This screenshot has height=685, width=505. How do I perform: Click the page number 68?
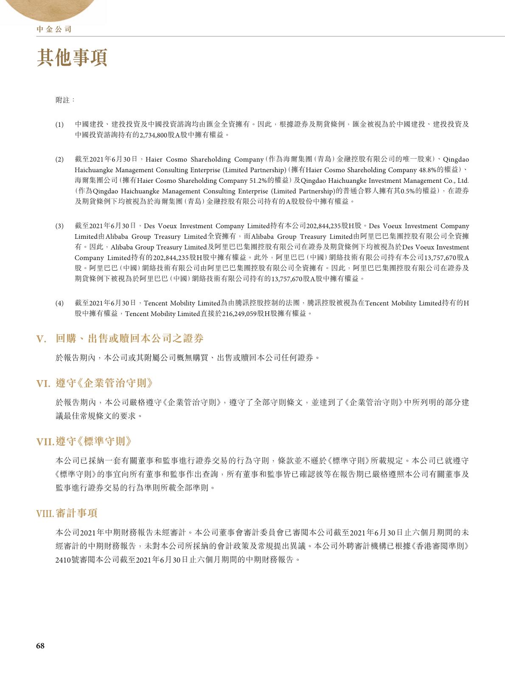pos(40,646)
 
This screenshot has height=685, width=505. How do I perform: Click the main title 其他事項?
pos(72,58)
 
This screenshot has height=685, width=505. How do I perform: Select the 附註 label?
pos(65,100)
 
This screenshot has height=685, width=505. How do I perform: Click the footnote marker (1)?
pos(59,125)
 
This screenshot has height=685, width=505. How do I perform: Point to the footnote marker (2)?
pos(59,159)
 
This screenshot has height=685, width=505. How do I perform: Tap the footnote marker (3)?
pos(59,226)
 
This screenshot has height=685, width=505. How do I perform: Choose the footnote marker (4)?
pos(59,303)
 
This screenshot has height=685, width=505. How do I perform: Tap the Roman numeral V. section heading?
pos(41,339)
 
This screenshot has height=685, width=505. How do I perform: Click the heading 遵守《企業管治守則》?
pos(104,384)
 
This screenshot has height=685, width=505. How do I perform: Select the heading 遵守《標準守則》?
pos(94,442)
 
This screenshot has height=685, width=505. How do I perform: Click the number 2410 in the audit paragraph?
pos(63,560)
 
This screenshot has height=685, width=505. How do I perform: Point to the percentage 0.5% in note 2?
pos(408,191)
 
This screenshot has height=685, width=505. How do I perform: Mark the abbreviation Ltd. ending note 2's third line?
pos(463,181)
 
